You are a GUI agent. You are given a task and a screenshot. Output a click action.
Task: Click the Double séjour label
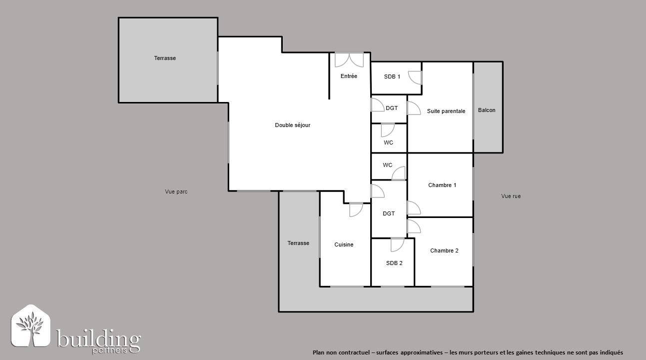click(x=292, y=125)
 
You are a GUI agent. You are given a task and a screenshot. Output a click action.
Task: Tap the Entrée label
click(x=349, y=76)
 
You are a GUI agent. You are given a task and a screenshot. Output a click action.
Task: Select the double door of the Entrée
click(x=349, y=60)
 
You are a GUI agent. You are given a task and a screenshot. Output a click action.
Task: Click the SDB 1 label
click(x=392, y=77)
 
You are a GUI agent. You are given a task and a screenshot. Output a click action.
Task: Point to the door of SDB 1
click(x=415, y=77)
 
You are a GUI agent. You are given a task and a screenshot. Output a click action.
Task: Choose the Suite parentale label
click(x=446, y=111)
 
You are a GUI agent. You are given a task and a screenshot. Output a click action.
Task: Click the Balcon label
click(x=487, y=110)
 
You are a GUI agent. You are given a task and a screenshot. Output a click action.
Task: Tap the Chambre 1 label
click(x=442, y=185)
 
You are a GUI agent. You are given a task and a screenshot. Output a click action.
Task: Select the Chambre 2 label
click(x=444, y=250)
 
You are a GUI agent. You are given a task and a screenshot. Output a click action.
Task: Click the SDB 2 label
click(x=394, y=263)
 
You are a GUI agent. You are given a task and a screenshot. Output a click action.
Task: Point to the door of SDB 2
click(x=398, y=245)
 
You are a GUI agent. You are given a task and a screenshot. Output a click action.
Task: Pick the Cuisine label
click(x=344, y=245)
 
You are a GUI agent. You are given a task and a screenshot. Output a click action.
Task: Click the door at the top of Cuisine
click(x=356, y=210)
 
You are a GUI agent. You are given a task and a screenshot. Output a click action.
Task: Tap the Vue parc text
click(x=176, y=191)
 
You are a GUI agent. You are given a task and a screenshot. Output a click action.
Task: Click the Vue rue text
click(x=511, y=196)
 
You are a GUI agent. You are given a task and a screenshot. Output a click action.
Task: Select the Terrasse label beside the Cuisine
click(x=298, y=243)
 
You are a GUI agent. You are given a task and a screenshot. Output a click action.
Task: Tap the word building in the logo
click(x=98, y=338)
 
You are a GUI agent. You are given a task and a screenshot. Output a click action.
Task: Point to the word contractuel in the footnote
click(x=354, y=352)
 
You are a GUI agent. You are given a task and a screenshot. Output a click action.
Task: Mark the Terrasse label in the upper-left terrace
click(x=165, y=58)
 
